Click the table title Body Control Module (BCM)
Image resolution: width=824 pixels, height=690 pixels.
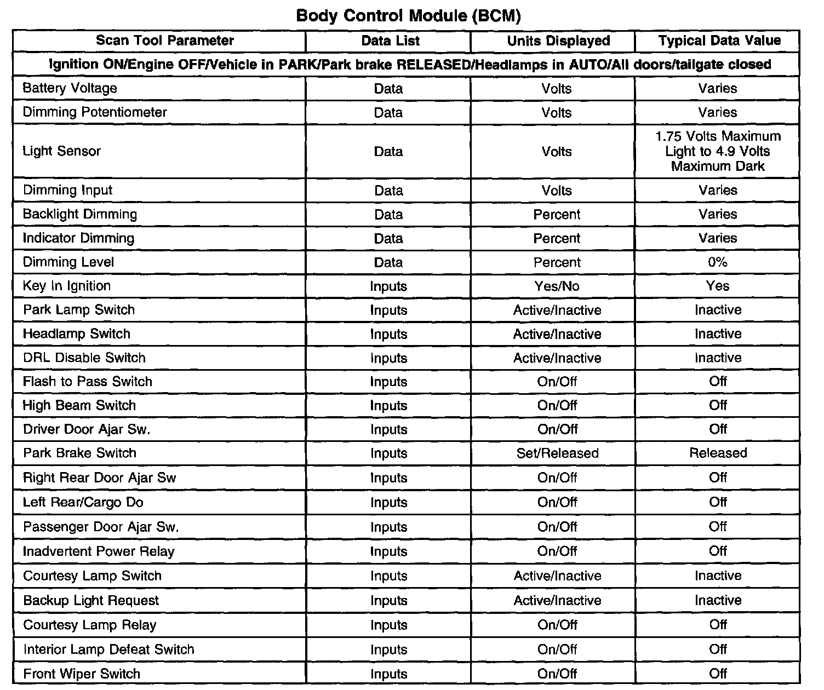[408, 15]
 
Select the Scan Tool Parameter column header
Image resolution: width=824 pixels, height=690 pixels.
[165, 41]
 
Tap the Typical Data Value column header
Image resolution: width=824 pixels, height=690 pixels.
[719, 41]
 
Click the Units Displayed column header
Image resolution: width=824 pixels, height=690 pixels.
[558, 41]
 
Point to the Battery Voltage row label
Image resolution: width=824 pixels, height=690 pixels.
[70, 88]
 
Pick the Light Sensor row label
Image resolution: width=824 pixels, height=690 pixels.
[62, 151]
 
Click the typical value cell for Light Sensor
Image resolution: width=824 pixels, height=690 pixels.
[718, 151]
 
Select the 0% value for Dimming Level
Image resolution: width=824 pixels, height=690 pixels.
[718, 262]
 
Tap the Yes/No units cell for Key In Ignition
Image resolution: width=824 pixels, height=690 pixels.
[557, 286]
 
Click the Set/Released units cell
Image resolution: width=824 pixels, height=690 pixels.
[557, 453]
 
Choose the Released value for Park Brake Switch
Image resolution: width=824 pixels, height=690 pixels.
[718, 453]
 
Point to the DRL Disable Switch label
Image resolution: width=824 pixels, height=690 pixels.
[84, 358]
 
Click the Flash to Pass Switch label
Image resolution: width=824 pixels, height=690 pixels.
[88, 382]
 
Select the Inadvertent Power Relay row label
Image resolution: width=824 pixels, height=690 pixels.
[99, 551]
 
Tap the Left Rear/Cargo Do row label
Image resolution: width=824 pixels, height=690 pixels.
[83, 503]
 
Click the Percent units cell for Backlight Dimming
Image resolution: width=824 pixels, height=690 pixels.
[557, 215]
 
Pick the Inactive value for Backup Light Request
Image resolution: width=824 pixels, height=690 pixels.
[718, 600]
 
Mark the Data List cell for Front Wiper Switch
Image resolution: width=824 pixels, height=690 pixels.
[388, 674]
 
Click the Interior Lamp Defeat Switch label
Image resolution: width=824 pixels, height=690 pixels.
[109, 650]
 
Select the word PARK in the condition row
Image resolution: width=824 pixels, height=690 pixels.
[298, 65]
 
